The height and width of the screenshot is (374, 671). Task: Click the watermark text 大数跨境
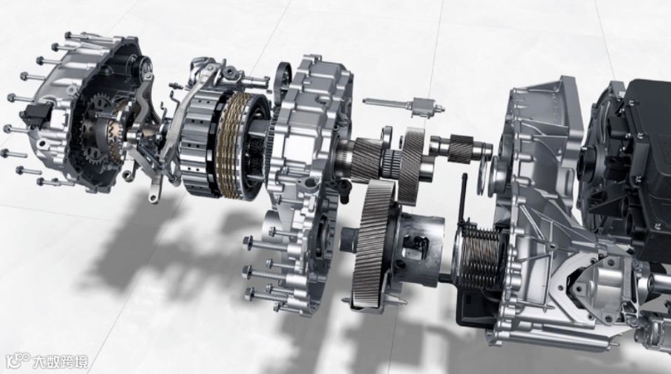[60, 362]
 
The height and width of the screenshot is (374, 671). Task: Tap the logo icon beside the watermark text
[17, 361]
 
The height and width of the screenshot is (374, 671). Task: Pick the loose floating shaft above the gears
[404, 104]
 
